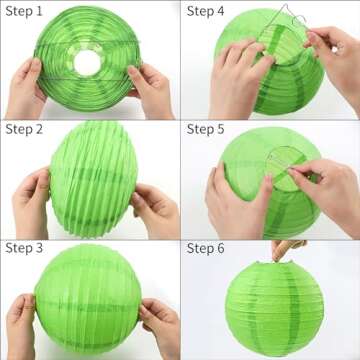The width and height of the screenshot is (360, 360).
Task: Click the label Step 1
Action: coord(24,10)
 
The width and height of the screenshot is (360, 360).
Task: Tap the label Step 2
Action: coord(24,129)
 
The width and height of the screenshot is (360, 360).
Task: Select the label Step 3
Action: coord(24,248)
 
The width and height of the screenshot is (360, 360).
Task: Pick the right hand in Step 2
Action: coord(156,205)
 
